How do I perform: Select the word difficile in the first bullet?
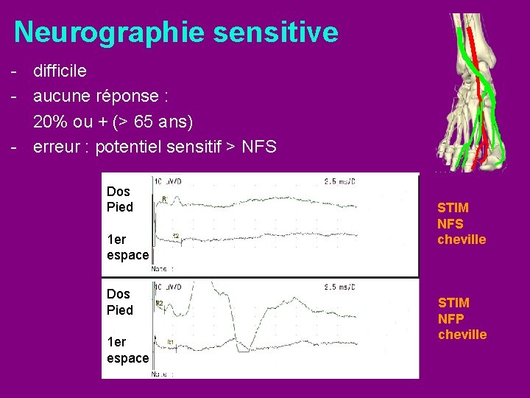[60, 71]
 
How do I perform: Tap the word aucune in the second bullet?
[65, 97]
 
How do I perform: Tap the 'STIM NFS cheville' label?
[462, 223]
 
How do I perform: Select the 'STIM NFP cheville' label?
[462, 318]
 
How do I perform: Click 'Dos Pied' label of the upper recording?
[120, 200]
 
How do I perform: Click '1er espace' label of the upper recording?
[127, 247]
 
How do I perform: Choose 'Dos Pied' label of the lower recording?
[120, 302]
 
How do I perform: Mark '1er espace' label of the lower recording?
[127, 350]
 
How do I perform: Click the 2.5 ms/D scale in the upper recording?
[341, 180]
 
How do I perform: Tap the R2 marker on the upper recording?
[176, 236]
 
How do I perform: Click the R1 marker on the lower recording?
[170, 342]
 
